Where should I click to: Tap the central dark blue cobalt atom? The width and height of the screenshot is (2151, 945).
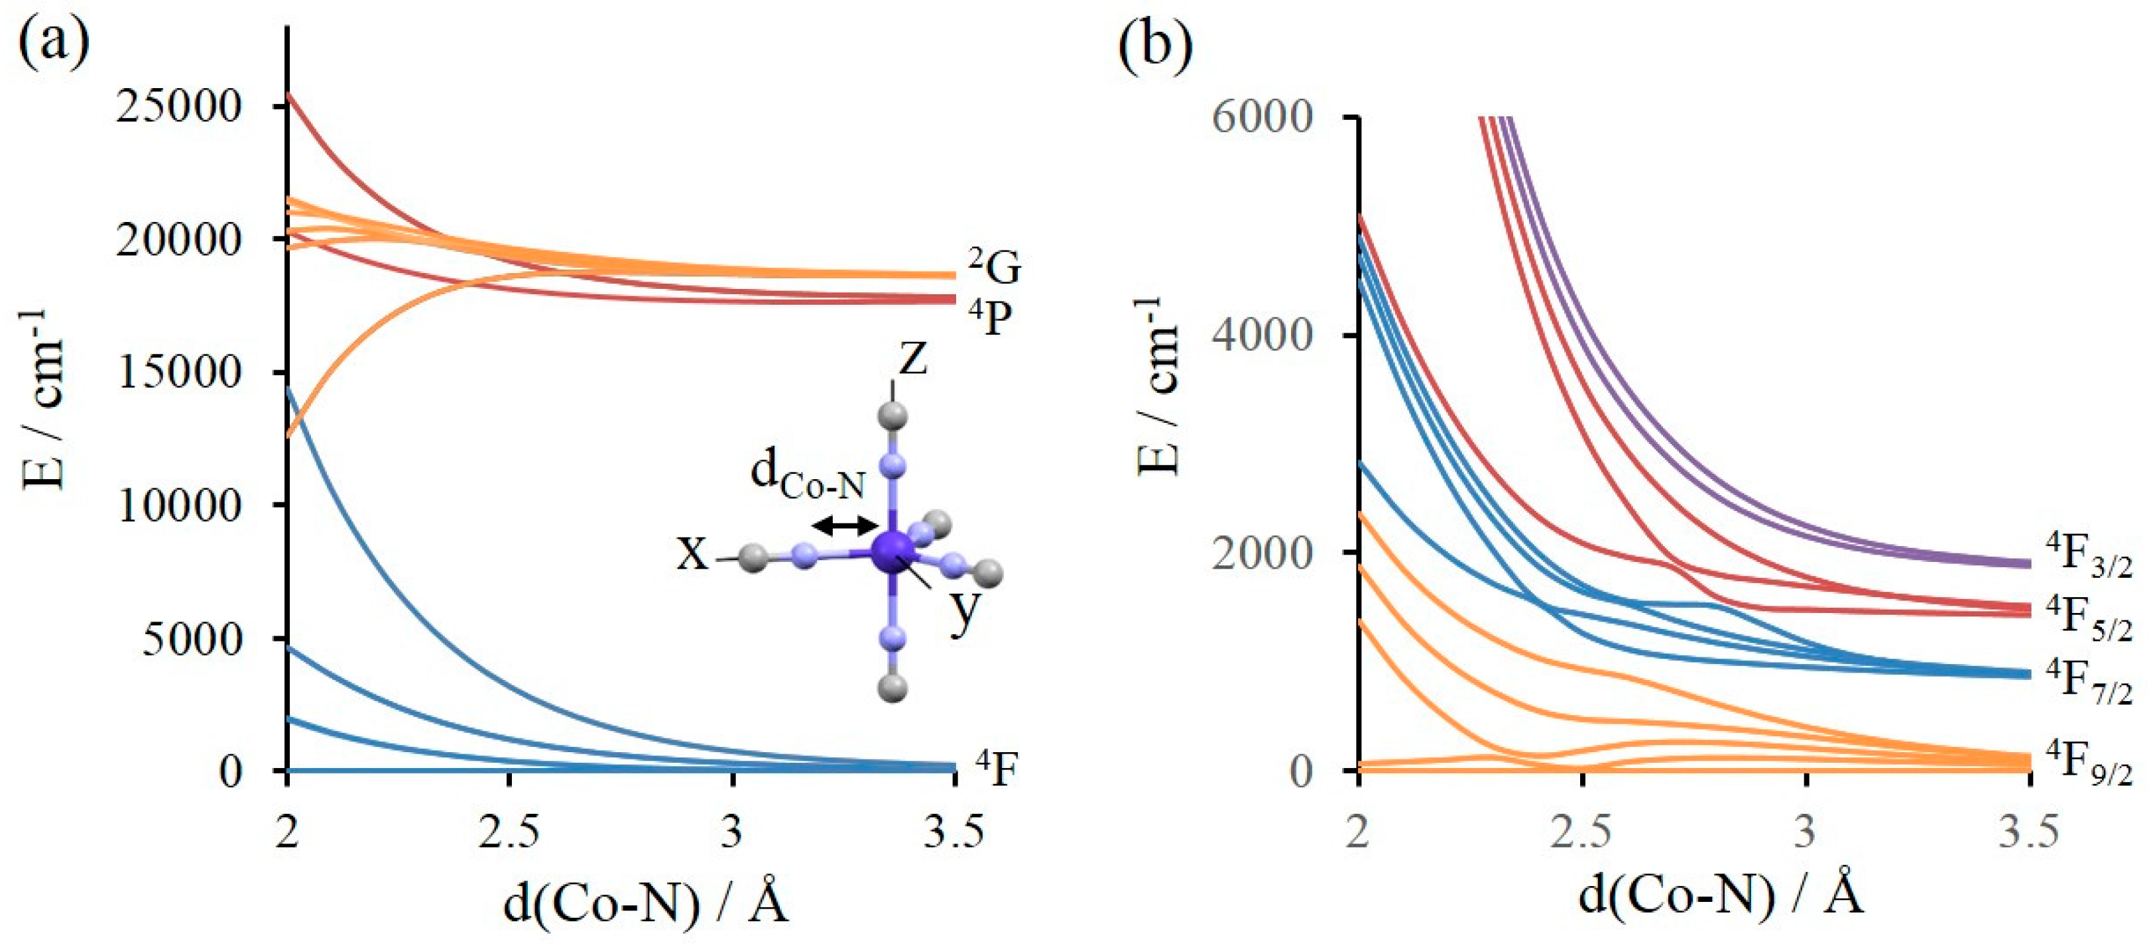pos(893,551)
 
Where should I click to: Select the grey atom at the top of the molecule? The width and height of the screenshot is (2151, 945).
pos(893,415)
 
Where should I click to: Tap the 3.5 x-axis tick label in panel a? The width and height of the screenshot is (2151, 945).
pos(953,833)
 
